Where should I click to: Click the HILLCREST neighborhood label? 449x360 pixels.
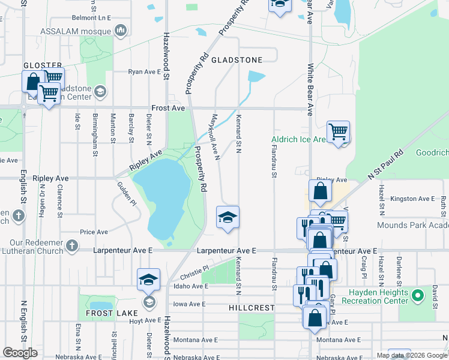pyautogui.click(x=252, y=307)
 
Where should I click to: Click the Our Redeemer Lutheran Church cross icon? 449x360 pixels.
pyautogui.click(x=72, y=245)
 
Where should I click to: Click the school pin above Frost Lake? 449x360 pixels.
pyautogui.click(x=148, y=280)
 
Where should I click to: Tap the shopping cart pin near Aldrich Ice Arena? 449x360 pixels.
pyautogui.click(x=339, y=132)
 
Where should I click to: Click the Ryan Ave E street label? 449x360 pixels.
pyautogui.click(x=145, y=72)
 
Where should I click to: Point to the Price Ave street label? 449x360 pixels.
pyautogui.click(x=94, y=232)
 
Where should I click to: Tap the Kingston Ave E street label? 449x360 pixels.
pyautogui.click(x=412, y=199)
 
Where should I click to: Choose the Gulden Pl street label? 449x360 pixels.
pyautogui.click(x=127, y=193)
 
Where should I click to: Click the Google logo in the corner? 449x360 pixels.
pyautogui.click(x=20, y=352)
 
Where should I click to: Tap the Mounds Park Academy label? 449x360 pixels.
pyautogui.click(x=412, y=226)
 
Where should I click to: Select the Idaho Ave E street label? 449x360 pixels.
pyautogui.click(x=190, y=287)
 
